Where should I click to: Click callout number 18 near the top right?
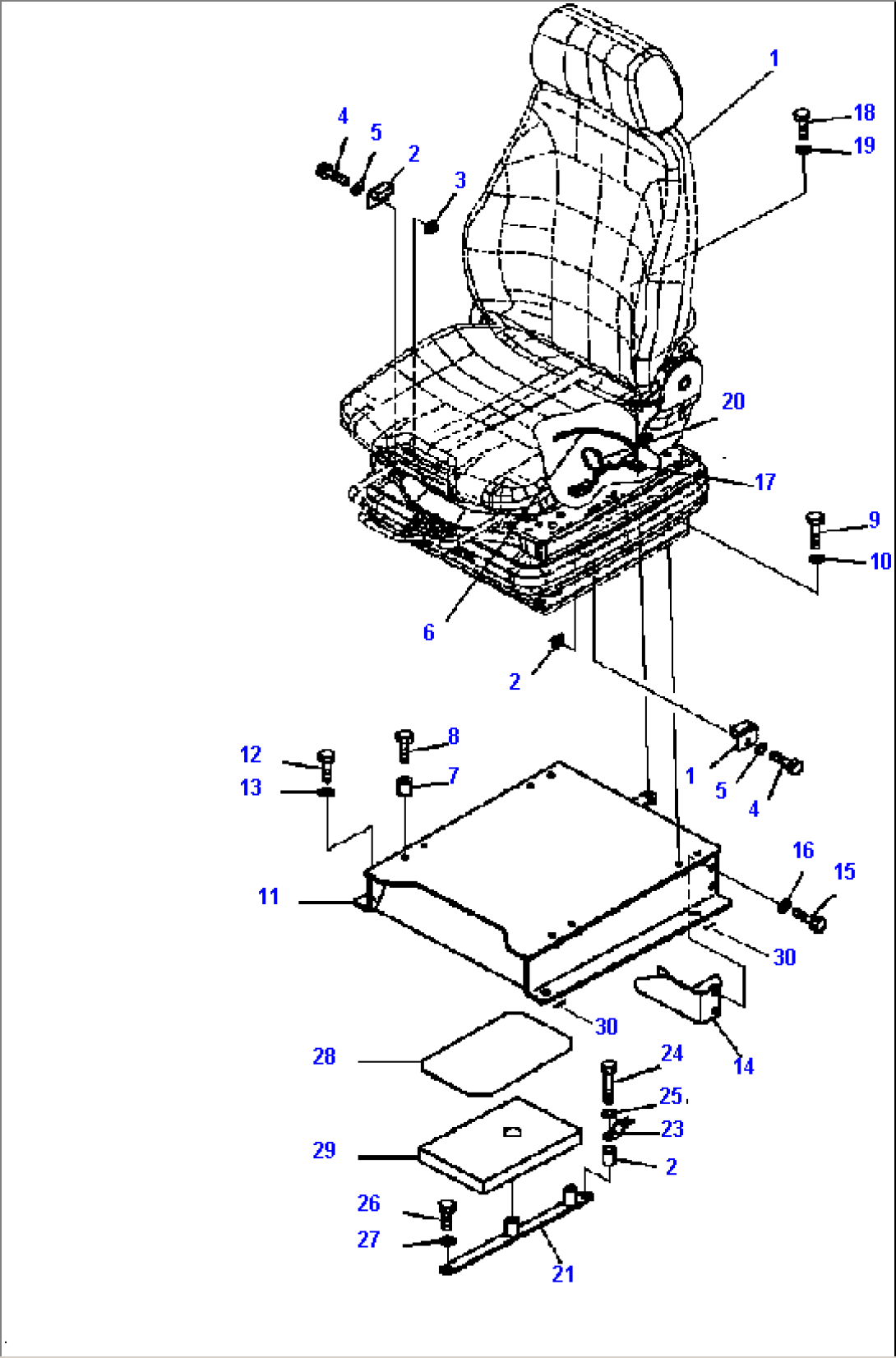864,113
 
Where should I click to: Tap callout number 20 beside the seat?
732,401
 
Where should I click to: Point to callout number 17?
764,482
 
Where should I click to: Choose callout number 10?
880,561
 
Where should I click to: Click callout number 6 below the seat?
428,632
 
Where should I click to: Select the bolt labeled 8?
404,744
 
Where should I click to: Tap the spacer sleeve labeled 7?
404,787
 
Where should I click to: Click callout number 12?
251,754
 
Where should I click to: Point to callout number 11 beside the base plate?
269,896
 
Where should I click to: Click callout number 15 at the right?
844,871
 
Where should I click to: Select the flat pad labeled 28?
496,1053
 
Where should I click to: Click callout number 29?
324,1150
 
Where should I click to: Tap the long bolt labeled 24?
607,1081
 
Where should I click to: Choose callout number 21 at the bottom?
562,1273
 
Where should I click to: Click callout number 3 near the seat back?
460,180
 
